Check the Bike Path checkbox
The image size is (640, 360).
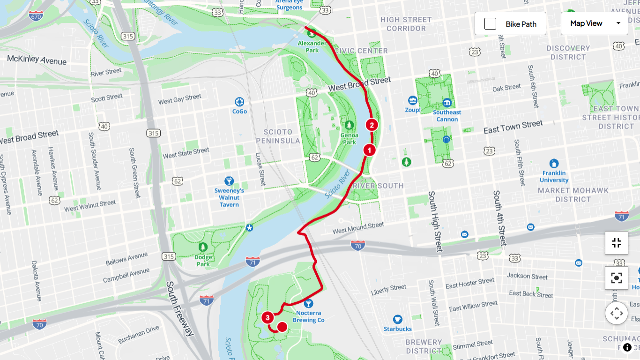pyautogui.click(x=490, y=24)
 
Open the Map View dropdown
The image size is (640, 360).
pyautogui.click(x=594, y=23)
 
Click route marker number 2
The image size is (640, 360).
pyautogui.click(x=372, y=125)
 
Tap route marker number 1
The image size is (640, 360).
pyautogui.click(x=369, y=150)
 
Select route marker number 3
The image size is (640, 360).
pyautogui.click(x=268, y=318)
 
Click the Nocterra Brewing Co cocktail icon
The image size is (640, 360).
pyautogui.click(x=308, y=303)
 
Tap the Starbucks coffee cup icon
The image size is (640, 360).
pyautogui.click(x=398, y=319)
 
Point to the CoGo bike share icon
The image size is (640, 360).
pyautogui.click(x=239, y=102)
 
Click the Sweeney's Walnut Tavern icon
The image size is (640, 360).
pyautogui.click(x=229, y=181)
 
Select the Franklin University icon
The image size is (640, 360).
pyautogui.click(x=554, y=163)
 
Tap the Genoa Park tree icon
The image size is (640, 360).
pyautogui.click(x=349, y=125)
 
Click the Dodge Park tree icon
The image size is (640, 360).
pyautogui.click(x=203, y=247)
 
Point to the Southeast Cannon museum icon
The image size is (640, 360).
pyautogui.click(x=447, y=103)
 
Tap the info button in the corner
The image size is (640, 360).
pyautogui.click(x=627, y=347)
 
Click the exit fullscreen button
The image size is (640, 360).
pyautogui.click(x=616, y=243)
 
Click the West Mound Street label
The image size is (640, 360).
pyautogui.click(x=358, y=228)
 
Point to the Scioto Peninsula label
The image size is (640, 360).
pyautogui.click(x=281, y=136)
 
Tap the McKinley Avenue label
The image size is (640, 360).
pyautogui.click(x=37, y=60)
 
